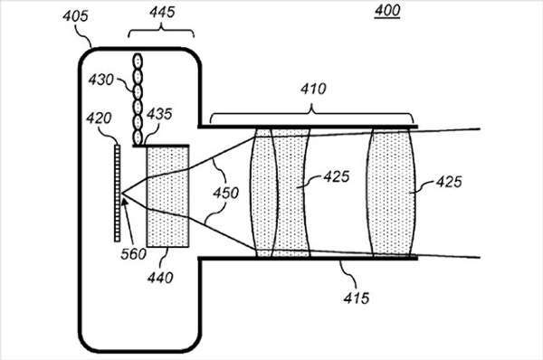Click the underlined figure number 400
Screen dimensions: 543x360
point(387,10)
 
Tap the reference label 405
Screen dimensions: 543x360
point(75,16)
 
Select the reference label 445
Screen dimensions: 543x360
point(162,12)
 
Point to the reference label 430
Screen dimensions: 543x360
point(100,80)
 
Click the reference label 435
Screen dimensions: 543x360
point(159,114)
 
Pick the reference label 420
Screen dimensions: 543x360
point(99,118)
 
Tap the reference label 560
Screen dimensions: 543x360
point(133,254)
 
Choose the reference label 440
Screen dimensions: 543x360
point(160,278)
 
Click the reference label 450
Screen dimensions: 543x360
point(225,193)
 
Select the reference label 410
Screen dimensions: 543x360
point(313,89)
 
